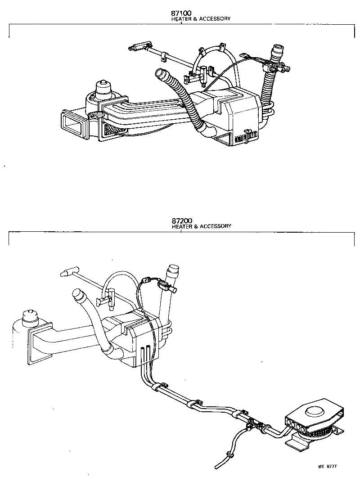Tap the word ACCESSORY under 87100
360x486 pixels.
tap(214, 19)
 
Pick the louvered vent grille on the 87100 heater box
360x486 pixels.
tap(244, 138)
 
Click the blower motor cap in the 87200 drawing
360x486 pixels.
tap(30, 315)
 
